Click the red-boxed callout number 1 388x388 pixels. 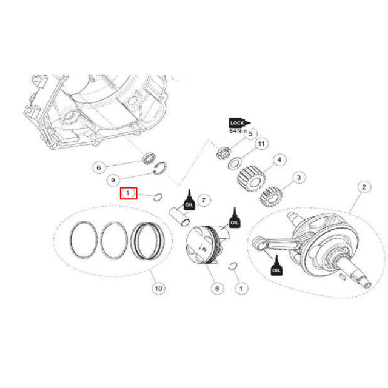pos(129,193)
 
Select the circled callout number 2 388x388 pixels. pos(364,187)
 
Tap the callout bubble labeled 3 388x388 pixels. pos(297,178)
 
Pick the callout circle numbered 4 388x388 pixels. pos(279,160)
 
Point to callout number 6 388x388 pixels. pos(99,167)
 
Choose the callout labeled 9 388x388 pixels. pos(113,180)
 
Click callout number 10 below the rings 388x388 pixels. pos(158,289)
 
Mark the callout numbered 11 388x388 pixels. pos(261,144)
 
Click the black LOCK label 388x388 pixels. pos(237,122)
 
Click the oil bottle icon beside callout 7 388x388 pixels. pos(190,200)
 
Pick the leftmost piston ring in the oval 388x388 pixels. pos(82,239)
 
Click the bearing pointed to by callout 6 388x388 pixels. pos(149,160)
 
